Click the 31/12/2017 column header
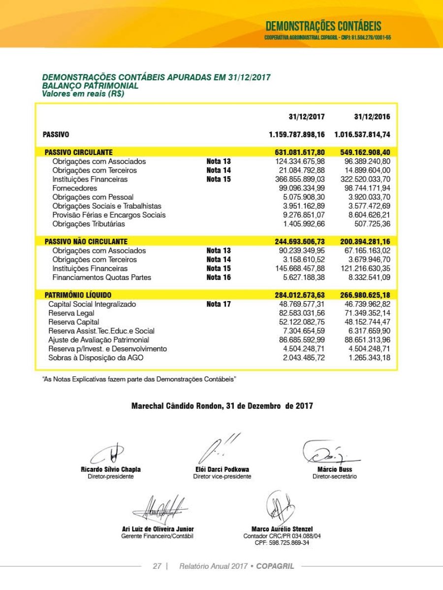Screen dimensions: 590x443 pos(307,117)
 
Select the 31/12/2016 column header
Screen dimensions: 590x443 pos(372,117)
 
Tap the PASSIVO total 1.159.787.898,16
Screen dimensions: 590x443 pos(297,134)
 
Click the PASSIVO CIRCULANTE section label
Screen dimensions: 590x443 pos(78,153)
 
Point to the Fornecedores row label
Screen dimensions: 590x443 pos(75,188)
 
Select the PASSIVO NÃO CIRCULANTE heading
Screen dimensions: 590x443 pos(86,242)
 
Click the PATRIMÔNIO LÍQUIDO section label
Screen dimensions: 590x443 pos(78,295)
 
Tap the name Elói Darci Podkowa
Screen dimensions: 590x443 pos(222,469)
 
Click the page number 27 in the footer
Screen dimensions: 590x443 pos(157,566)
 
